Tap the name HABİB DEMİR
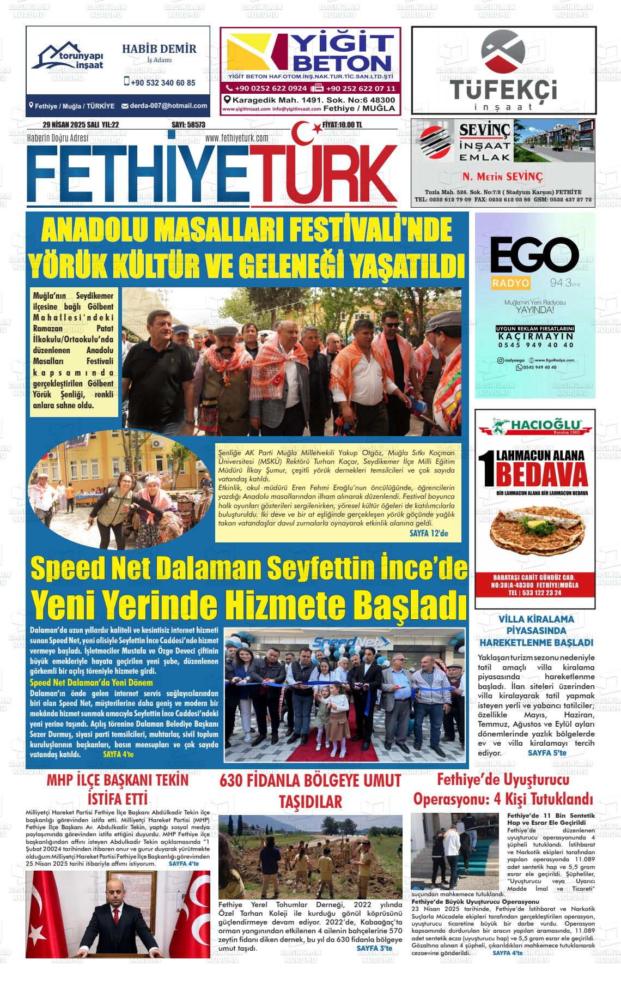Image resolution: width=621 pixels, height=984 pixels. [159, 49]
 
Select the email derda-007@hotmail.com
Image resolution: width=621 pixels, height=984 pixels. [168, 106]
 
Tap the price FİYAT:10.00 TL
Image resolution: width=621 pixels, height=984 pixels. [342, 125]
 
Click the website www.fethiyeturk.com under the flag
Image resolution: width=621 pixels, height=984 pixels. [236, 138]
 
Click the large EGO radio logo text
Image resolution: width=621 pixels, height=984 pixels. [534, 256]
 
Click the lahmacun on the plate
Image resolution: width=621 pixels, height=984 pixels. [539, 536]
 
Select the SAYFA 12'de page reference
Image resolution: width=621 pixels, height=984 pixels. [428, 533]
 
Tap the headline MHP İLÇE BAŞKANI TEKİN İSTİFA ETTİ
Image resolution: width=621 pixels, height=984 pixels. [118, 789]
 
